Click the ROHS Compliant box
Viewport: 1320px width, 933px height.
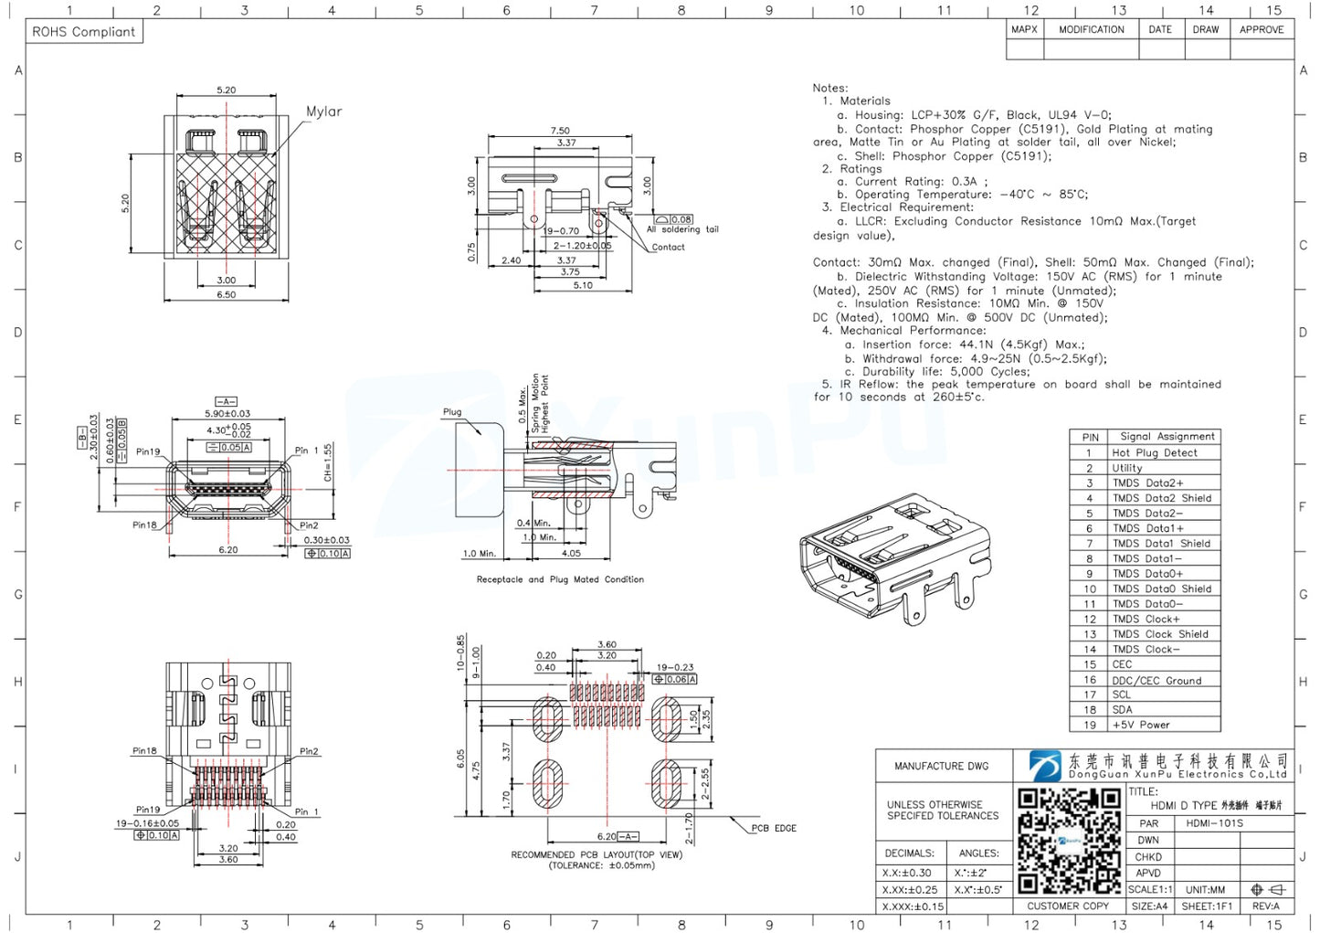(x=83, y=32)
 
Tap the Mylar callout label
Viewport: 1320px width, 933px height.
(x=323, y=111)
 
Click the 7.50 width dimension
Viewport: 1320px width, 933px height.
(x=560, y=131)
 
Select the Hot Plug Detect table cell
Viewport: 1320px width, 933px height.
(x=1154, y=452)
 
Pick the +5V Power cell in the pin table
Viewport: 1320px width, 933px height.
(x=1140, y=725)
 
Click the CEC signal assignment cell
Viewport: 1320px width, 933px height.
(x=1122, y=664)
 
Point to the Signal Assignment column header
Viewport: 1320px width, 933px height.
(x=1167, y=437)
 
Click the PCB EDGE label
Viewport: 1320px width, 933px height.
(x=774, y=828)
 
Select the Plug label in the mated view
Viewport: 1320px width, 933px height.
(x=452, y=412)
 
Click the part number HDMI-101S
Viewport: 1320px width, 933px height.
(x=1214, y=823)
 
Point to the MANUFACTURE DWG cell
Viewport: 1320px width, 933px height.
(x=941, y=766)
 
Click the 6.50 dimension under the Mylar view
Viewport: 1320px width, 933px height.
(x=226, y=294)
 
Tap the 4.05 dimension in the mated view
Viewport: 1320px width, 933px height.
(x=571, y=553)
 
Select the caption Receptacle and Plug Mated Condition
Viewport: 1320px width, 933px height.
(x=560, y=579)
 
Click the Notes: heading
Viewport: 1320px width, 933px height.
(x=829, y=88)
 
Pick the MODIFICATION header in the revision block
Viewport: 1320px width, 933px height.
(x=1091, y=30)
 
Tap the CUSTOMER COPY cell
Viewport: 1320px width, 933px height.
(x=1067, y=906)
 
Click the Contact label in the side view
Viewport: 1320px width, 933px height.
(x=668, y=247)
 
